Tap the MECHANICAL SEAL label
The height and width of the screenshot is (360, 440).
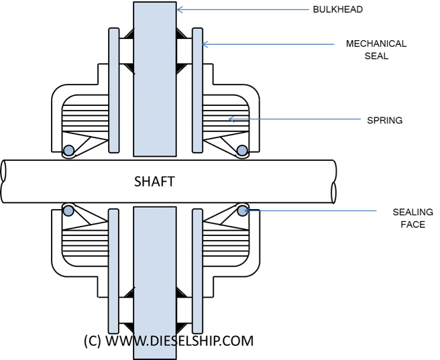(x=376, y=50)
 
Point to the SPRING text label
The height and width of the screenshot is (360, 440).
(x=384, y=120)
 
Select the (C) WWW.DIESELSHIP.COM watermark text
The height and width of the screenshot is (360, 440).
(x=168, y=341)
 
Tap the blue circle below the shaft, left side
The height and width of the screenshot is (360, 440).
(x=68, y=211)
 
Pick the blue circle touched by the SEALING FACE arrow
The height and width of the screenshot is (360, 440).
(x=242, y=211)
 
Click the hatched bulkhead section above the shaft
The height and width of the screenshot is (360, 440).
(x=154, y=80)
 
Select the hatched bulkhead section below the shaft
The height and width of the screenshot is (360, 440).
(x=154, y=282)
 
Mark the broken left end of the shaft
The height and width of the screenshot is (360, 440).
(x=4, y=181)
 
